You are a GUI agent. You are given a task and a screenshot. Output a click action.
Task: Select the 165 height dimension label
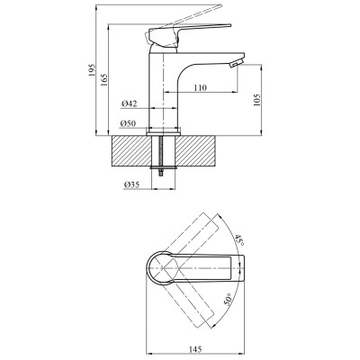pyautogui.click(x=106, y=84)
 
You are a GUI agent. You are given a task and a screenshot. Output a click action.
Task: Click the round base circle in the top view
pyautogui.click(x=160, y=269)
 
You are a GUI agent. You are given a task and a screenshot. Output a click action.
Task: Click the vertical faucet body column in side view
pyautogui.click(x=165, y=94)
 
